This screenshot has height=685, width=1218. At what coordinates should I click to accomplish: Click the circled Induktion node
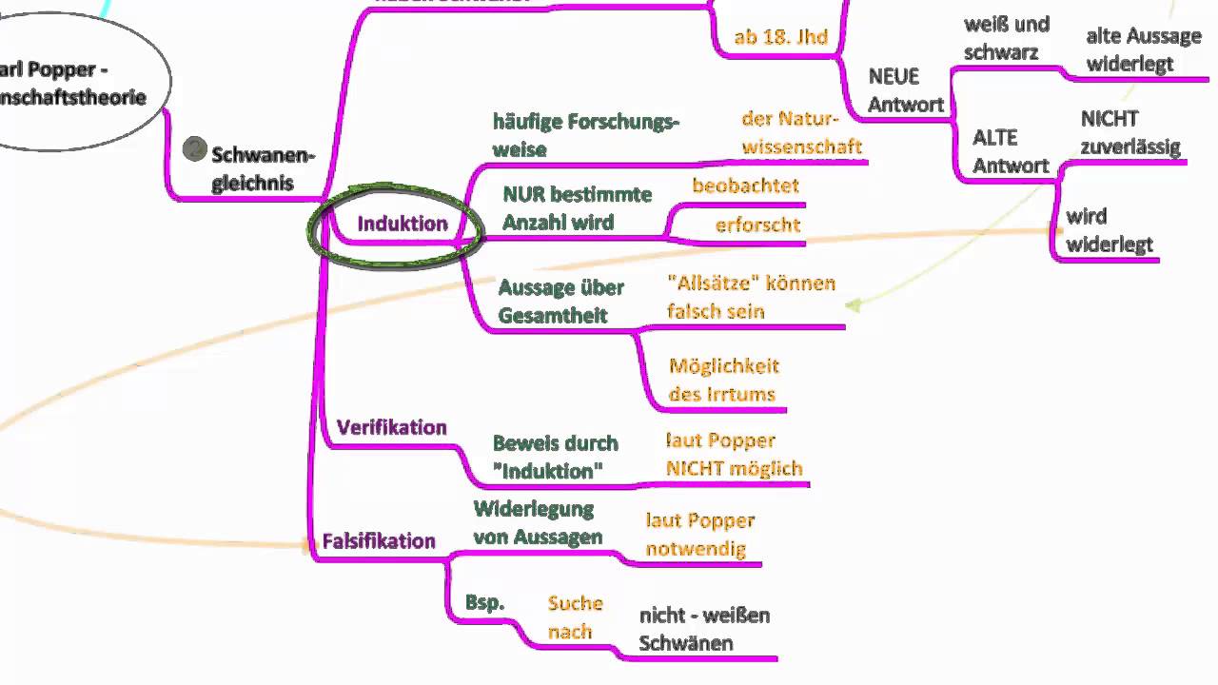pyautogui.click(x=402, y=224)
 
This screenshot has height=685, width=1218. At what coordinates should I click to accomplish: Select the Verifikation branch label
pyautogui.click(x=391, y=427)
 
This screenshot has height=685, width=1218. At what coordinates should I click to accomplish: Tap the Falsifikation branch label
pyautogui.click(x=379, y=541)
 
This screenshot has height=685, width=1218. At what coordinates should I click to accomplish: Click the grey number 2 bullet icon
pyautogui.click(x=195, y=148)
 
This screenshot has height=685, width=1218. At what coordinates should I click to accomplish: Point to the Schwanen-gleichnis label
pyautogui.click(x=263, y=168)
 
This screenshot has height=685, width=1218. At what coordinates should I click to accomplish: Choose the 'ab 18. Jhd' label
pyautogui.click(x=780, y=38)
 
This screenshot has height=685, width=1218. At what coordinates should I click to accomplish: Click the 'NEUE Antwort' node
pyautogui.click(x=905, y=90)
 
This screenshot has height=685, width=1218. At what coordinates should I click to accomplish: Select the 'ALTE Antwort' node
pyautogui.click(x=1011, y=151)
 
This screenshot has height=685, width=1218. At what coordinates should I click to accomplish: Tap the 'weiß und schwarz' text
pyautogui.click(x=1006, y=38)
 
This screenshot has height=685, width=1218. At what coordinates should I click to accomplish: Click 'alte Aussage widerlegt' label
pyautogui.click(x=1143, y=49)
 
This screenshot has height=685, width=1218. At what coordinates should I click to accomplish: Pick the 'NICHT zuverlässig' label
pyautogui.click(x=1130, y=132)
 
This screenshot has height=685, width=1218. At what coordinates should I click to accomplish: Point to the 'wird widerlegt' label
pyautogui.click(x=1109, y=230)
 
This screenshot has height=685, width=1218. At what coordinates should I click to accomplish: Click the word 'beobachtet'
pyautogui.click(x=745, y=186)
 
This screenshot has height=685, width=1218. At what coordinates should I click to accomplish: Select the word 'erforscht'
pyautogui.click(x=757, y=225)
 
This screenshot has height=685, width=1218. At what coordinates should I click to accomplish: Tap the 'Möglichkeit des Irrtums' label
pyautogui.click(x=723, y=380)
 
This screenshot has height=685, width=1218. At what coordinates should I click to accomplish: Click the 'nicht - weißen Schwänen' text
pyautogui.click(x=704, y=629)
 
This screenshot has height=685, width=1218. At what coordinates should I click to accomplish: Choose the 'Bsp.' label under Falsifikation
pyautogui.click(x=484, y=602)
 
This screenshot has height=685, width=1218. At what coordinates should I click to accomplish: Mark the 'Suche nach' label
pyautogui.click(x=575, y=616)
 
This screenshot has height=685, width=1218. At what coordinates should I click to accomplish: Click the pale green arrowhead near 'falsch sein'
pyautogui.click(x=854, y=305)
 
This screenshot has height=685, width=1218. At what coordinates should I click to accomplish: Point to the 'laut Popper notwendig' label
pyautogui.click(x=699, y=535)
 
